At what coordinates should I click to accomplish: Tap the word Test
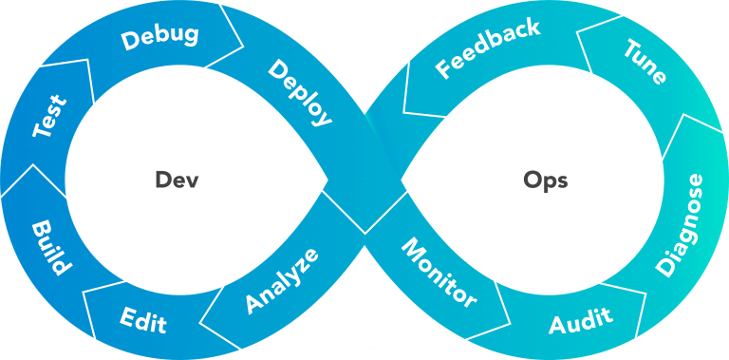click(x=49, y=116)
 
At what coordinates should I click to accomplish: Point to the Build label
click(x=48, y=249)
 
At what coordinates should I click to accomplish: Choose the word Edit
click(x=143, y=320)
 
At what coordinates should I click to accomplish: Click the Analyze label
click(x=281, y=279)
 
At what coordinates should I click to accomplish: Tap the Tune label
click(x=645, y=62)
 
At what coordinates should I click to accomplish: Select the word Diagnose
click(x=680, y=225)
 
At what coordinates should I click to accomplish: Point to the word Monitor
click(x=438, y=274)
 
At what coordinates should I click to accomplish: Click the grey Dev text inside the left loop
click(x=177, y=180)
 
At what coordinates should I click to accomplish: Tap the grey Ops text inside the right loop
click(x=546, y=180)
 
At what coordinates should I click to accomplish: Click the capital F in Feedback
click(x=443, y=70)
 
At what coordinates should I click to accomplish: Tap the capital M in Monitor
click(x=411, y=249)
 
